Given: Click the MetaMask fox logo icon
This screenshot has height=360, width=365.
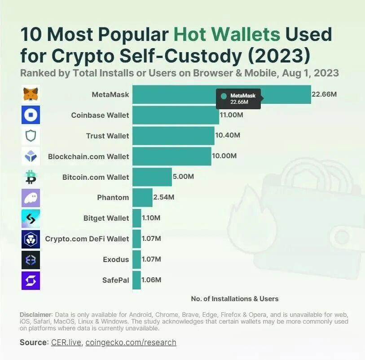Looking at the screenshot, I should [x=31, y=94].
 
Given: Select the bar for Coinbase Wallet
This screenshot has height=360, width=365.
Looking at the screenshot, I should [x=176, y=115].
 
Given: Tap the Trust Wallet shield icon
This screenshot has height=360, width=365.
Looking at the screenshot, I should [x=31, y=136].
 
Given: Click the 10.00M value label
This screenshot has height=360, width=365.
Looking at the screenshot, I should [x=224, y=156].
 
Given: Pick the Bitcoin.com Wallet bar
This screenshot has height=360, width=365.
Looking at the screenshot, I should [x=152, y=177].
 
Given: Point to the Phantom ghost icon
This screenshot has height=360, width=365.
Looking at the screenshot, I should [x=31, y=198].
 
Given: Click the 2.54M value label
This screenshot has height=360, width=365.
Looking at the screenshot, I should [x=164, y=197].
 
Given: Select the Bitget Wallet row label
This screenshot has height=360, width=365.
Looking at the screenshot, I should [x=106, y=218].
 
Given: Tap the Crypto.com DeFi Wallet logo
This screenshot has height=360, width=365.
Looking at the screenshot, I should [x=31, y=239].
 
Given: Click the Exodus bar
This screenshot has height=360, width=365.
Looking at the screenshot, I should [x=136, y=259].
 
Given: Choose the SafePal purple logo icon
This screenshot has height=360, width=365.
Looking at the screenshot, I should [x=31, y=280].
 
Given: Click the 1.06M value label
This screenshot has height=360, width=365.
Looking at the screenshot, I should [x=151, y=280].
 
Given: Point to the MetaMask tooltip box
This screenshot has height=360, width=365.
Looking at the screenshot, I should [x=238, y=99].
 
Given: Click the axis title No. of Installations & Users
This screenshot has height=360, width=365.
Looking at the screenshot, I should [x=235, y=298].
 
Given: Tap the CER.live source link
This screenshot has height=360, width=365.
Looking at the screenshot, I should [x=66, y=342].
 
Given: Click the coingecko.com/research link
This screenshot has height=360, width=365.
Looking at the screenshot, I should [x=131, y=342].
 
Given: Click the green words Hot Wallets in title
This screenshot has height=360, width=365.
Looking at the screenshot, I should [x=227, y=35].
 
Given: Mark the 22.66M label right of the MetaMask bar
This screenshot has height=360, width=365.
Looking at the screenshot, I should [x=324, y=94].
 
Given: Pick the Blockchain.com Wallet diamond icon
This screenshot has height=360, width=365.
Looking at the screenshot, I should [x=31, y=156].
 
